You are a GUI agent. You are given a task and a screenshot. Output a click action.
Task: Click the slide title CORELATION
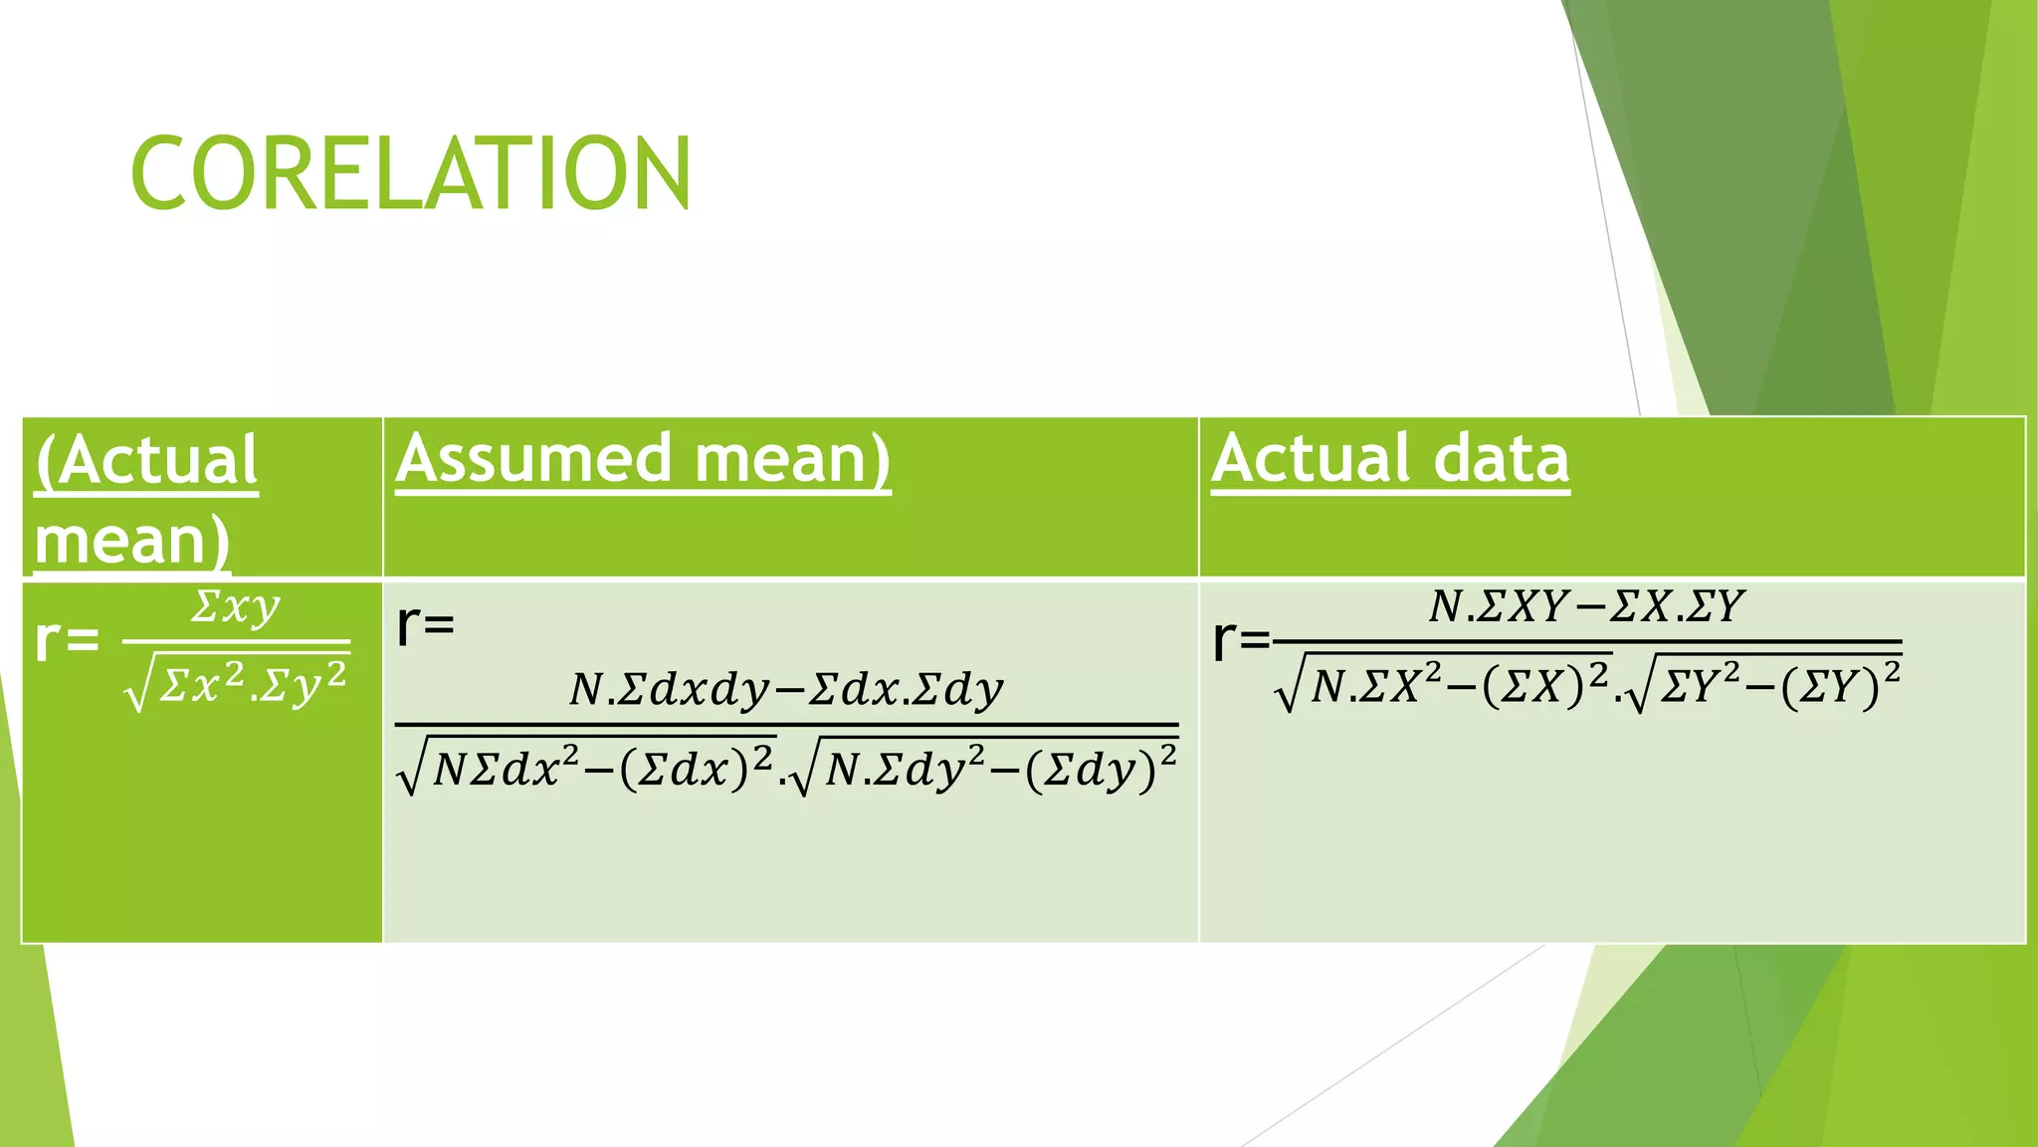coord(410,173)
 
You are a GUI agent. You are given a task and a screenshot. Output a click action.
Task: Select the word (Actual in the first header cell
coord(146,461)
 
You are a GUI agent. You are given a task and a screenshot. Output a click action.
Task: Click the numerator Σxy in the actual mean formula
coord(236,607)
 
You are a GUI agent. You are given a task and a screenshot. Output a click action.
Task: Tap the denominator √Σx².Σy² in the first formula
coord(239,685)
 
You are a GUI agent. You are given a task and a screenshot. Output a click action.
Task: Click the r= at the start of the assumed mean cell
coord(425,626)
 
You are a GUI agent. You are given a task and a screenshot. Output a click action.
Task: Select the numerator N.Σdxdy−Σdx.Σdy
coord(786,689)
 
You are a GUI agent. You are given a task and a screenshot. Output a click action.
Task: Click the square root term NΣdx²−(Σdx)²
coord(589,769)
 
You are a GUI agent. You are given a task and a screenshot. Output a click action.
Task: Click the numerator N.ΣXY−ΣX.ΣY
coord(1586,606)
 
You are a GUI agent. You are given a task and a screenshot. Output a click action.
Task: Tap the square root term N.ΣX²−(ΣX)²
coord(1445,685)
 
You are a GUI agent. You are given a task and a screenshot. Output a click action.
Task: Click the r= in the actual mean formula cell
coord(67,640)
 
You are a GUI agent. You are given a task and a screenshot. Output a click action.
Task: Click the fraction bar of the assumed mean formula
coord(786,725)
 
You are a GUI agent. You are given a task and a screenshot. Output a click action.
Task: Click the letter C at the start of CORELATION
coord(160,173)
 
